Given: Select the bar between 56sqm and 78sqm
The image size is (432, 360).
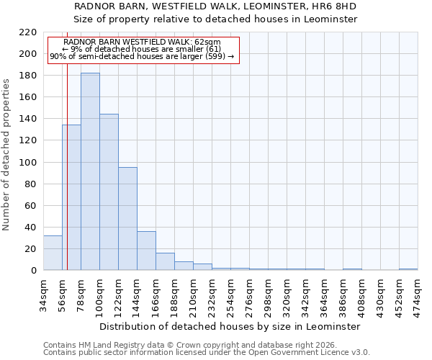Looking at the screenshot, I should (x=71, y=197).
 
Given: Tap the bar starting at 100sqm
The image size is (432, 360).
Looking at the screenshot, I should (x=109, y=192).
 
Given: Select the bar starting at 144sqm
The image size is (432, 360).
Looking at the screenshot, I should (x=146, y=251).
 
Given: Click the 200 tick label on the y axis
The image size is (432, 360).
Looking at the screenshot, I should (x=29, y=54).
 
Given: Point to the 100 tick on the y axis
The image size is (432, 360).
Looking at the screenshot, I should (x=29, y=163).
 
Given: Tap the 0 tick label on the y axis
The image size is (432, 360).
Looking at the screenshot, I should (x=34, y=271).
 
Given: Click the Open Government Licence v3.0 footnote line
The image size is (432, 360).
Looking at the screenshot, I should (x=206, y=353).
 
